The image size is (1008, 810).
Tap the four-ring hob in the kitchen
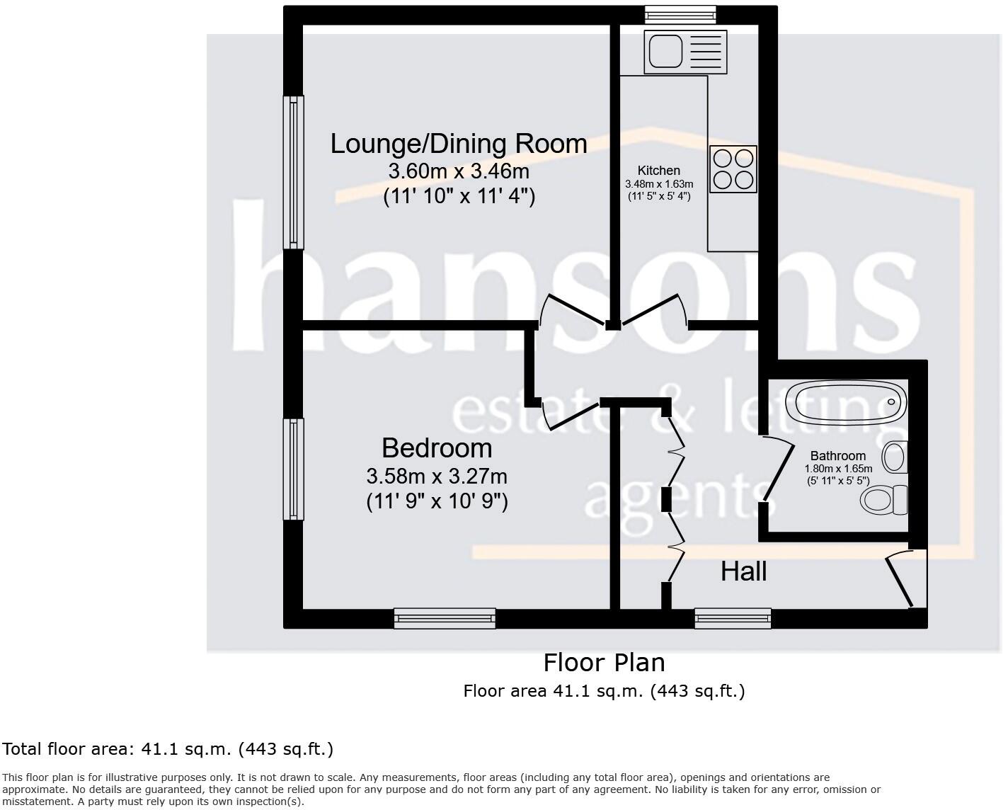733,169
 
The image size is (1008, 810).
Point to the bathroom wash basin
895,457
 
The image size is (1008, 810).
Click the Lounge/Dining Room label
459,144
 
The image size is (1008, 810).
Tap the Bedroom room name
437,448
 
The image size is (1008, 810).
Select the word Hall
743,571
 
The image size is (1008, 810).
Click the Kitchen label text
658,171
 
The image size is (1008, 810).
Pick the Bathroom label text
838,456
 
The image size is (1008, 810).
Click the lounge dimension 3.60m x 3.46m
459,171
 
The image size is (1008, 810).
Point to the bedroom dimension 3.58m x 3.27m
437,476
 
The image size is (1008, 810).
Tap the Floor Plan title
604,663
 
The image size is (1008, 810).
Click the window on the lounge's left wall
293,172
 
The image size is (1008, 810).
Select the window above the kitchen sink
680,15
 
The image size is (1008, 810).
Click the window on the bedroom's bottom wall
445,618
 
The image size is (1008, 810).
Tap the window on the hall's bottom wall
733,618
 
